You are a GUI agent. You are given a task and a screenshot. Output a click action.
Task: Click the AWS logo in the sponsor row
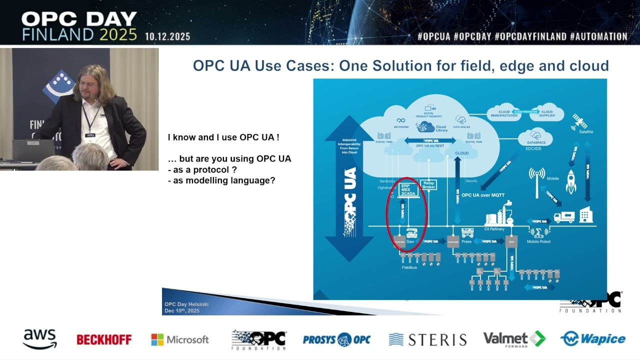coord(40,339)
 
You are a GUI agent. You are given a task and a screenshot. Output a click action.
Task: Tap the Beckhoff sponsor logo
coord(104,340)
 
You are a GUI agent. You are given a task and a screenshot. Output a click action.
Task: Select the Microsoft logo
coord(180,339)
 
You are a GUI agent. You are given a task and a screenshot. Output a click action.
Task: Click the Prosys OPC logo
coord(336,339)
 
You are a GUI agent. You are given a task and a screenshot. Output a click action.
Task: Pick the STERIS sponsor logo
coord(427,340)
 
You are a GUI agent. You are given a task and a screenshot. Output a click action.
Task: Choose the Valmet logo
coord(514,339)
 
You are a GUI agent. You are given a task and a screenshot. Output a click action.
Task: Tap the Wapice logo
coord(593,339)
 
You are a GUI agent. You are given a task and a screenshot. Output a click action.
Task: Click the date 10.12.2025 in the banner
coord(167,36)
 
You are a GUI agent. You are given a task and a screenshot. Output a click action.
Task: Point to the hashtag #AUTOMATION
coord(598,36)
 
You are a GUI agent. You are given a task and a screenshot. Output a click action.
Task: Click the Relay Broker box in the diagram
coord(429,185)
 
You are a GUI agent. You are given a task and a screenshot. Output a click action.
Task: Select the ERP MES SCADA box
coord(408,189)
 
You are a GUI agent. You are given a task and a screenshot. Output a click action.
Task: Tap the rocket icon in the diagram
coord(571,181)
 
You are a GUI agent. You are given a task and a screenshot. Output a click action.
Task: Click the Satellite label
coord(586,131)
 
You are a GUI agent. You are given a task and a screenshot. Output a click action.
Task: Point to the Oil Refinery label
coord(494,229)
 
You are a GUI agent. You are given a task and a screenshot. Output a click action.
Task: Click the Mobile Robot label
coord(538,241)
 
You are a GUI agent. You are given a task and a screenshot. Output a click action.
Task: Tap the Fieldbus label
coord(409,267)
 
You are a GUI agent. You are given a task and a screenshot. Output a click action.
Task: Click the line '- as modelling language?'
coord(221,180)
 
